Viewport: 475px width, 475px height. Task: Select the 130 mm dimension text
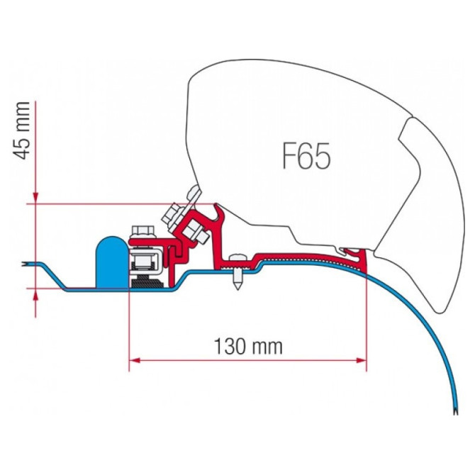point(247,347)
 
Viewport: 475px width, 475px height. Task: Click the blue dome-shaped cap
point(111,260)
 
